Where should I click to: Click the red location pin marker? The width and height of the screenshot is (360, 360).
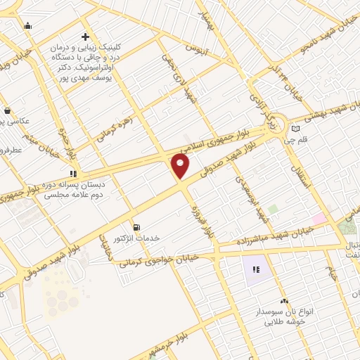click(x=181, y=166)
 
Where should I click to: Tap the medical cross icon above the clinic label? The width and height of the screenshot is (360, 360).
click(x=85, y=37)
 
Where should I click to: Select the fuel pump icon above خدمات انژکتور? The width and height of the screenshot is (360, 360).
click(x=136, y=227)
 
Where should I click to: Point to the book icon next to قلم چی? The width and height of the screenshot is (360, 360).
click(x=295, y=128)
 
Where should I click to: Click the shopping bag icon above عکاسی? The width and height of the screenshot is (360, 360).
click(x=7, y=110)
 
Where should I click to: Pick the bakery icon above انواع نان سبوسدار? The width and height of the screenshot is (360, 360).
click(x=284, y=300)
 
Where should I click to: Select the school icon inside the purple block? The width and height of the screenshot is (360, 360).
click(x=256, y=269)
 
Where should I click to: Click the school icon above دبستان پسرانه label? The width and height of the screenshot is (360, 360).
click(x=72, y=173)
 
